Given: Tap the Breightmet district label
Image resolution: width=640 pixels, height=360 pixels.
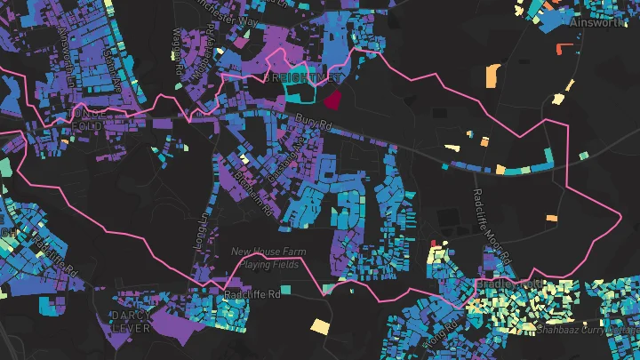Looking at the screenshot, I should [x=303, y=78].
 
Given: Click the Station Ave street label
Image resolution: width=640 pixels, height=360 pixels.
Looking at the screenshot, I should [x=112, y=62].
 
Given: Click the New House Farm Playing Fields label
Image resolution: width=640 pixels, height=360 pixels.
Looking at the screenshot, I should [x=268, y=258].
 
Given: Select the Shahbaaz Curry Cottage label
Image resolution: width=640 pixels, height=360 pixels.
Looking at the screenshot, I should [x=588, y=330].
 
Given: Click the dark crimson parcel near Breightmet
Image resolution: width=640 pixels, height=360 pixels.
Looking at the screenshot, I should [x=333, y=99].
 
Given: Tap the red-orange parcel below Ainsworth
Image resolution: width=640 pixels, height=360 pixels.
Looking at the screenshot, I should [x=562, y=48].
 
